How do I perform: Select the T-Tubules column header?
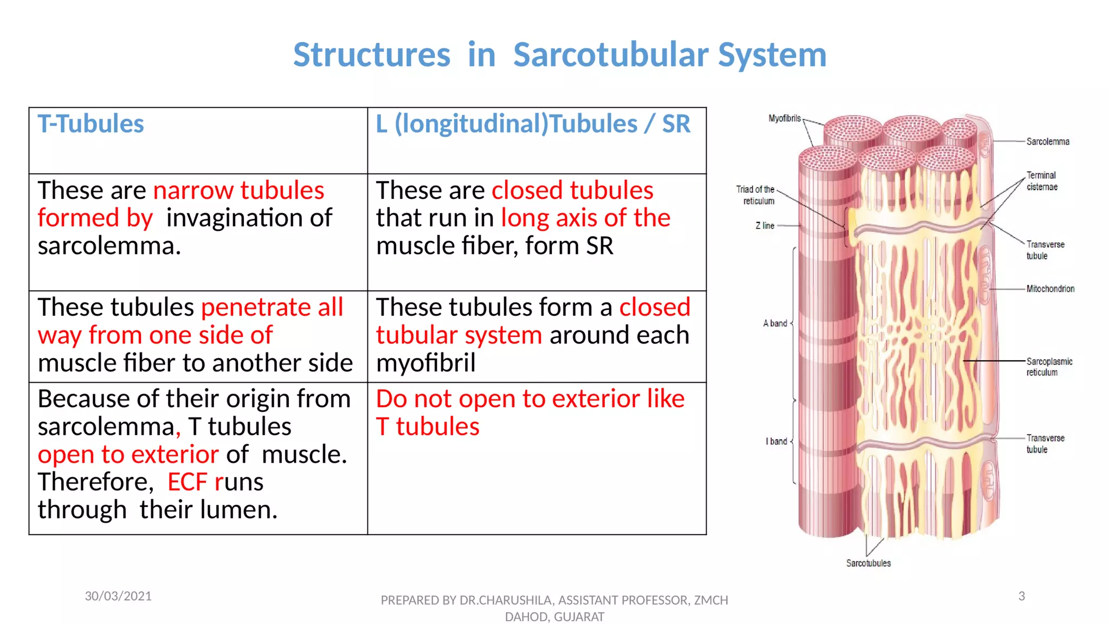[91, 124]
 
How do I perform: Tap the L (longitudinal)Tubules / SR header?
[533, 124]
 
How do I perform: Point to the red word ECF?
[187, 482]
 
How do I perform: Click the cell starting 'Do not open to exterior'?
[530, 413]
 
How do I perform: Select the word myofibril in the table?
[425, 363]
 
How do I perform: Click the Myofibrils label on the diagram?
[784, 118]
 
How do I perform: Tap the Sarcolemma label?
[1047, 142]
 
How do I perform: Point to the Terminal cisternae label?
[1041, 181]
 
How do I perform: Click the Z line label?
[764, 226]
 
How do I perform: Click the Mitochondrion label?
[1050, 289]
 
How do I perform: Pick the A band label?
[775, 323]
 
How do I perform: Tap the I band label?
[776, 441]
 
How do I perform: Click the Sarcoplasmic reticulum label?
[1049, 367]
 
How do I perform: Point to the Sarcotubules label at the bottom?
[868, 563]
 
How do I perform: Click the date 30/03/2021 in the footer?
[118, 596]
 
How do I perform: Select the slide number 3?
[1021, 596]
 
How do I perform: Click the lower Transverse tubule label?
[1044, 444]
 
